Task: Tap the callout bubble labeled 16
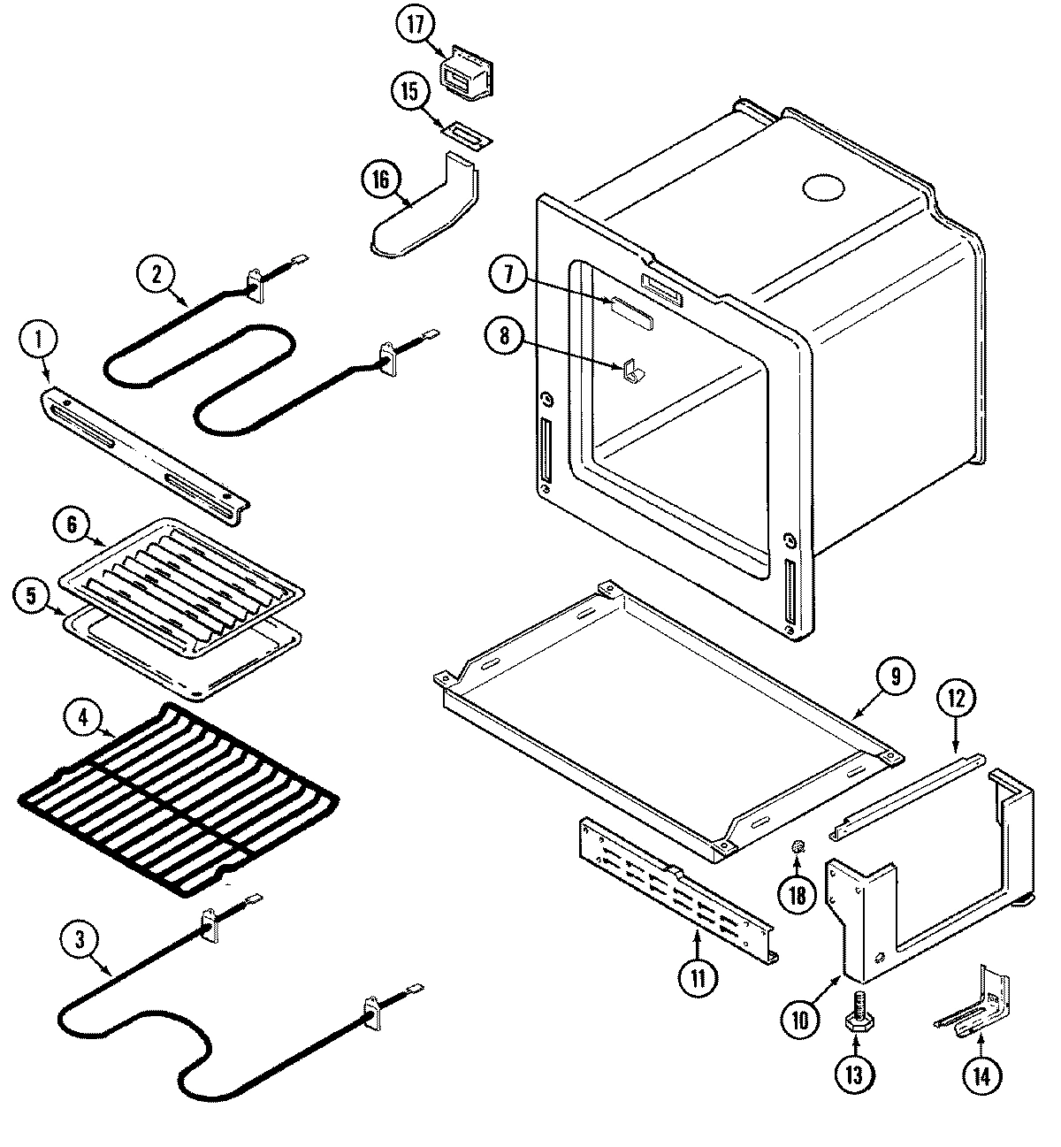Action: coord(380,180)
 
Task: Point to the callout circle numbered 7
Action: coord(508,274)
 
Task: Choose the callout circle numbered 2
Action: coord(156,274)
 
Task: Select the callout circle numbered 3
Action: coord(80,941)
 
